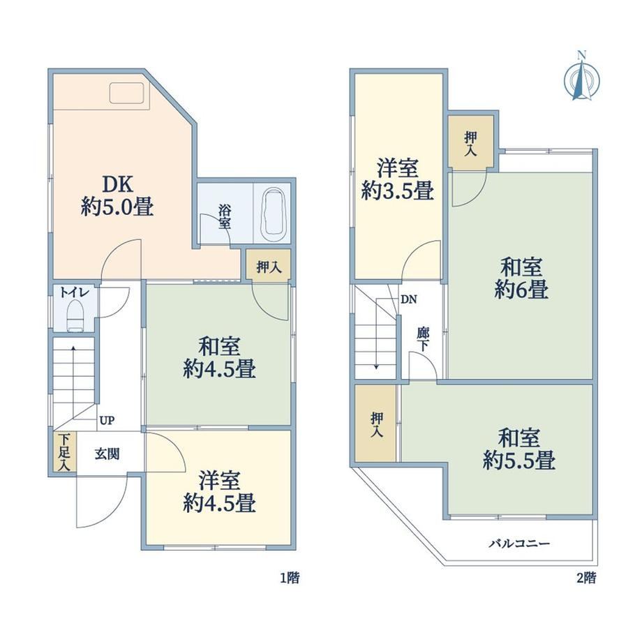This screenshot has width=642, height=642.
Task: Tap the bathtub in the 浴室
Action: click(x=273, y=215)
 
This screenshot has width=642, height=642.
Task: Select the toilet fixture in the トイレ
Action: click(x=75, y=315)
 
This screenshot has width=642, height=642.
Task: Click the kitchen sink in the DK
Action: click(x=126, y=93)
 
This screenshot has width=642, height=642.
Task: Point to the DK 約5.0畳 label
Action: click(x=117, y=195)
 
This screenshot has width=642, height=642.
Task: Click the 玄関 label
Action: click(x=107, y=454)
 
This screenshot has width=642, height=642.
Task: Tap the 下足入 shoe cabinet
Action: click(x=64, y=452)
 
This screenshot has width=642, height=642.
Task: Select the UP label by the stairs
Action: click(x=107, y=420)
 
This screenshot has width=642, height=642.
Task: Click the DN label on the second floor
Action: click(x=409, y=299)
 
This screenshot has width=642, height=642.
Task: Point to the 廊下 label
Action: click(x=423, y=339)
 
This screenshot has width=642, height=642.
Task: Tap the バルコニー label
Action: click(x=519, y=544)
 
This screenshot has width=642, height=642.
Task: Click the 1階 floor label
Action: click(x=290, y=578)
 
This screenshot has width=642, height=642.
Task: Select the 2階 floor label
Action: click(x=586, y=578)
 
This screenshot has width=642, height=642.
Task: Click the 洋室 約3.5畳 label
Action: click(x=397, y=179)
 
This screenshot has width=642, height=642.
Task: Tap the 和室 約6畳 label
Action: click(x=521, y=278)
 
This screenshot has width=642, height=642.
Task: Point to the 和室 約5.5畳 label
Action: click(x=518, y=449)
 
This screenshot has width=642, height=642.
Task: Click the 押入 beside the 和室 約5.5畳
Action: click(x=376, y=424)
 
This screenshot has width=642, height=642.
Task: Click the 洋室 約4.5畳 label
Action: click(x=219, y=492)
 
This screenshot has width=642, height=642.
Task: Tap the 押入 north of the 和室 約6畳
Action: click(x=470, y=141)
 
